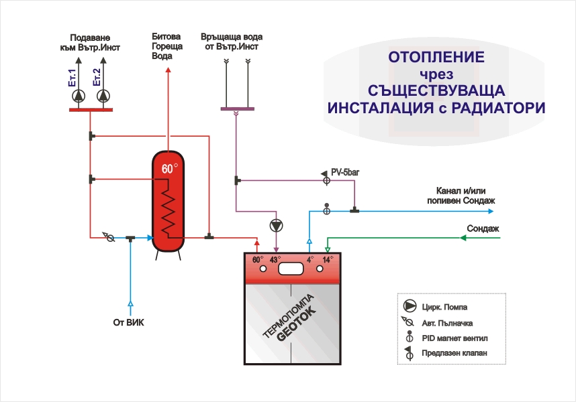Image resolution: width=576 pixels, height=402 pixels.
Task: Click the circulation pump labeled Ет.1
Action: coord(79,96)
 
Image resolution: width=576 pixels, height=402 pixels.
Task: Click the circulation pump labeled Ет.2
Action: coord(103,96)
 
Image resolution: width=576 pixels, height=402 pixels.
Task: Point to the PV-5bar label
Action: coord(346,172)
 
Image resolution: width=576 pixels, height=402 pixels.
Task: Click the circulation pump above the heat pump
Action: coord(276,225)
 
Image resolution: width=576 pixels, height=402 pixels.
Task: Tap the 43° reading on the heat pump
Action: coord(274,259)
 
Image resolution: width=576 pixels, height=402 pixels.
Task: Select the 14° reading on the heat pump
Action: coord(327,259)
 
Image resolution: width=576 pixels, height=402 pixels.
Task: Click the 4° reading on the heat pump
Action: coord(309,259)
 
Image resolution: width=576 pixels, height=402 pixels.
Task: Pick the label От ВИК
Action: coord(128,322)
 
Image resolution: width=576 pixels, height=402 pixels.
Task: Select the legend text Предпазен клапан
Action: coord(454,352)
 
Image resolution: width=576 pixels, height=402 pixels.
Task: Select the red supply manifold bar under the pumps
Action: coord(91,109)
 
